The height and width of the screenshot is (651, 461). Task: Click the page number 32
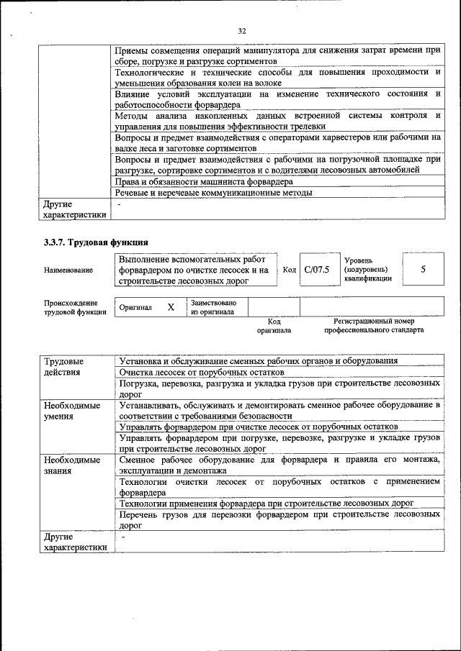[242, 31]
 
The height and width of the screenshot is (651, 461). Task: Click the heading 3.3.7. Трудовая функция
[96, 242]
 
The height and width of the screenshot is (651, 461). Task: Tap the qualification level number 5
[423, 269]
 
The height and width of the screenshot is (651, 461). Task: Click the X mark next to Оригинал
[171, 307]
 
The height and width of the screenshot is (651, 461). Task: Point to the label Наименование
[68, 270]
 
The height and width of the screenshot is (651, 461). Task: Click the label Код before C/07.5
[289, 270]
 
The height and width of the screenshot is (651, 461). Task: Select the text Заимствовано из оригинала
[214, 307]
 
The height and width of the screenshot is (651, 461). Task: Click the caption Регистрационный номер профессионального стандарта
[374, 325]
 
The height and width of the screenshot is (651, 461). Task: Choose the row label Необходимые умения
[71, 411]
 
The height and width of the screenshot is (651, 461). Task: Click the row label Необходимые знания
[71, 465]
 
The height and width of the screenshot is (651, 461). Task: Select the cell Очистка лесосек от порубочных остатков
[202, 373]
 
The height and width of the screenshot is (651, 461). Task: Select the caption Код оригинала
[274, 325]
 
